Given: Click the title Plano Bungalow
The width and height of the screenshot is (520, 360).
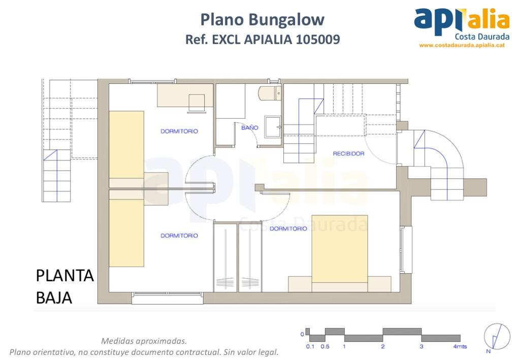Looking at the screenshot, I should (262, 20).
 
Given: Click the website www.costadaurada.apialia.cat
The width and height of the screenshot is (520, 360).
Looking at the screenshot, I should (461, 45).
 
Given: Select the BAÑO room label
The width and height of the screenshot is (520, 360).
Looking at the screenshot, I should (249, 128).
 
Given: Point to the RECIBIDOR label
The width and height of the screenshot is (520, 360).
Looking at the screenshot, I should (348, 153).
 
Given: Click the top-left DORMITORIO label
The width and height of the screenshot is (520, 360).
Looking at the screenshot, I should (179, 131).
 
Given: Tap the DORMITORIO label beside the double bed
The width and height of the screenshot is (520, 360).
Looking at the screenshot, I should (288, 228).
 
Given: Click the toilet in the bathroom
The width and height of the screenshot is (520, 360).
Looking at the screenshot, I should (269, 93).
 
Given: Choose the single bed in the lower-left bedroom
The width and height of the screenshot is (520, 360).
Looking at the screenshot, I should (126, 233).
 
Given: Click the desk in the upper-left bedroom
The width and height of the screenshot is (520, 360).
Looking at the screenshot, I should (184, 95).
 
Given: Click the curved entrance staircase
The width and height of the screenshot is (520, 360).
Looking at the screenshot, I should (439, 162).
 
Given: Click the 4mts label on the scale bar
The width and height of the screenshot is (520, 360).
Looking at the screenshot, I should (460, 347).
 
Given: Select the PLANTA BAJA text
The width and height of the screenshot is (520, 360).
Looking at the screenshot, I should (64, 287).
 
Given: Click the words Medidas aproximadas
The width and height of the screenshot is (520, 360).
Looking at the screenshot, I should (144, 341).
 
